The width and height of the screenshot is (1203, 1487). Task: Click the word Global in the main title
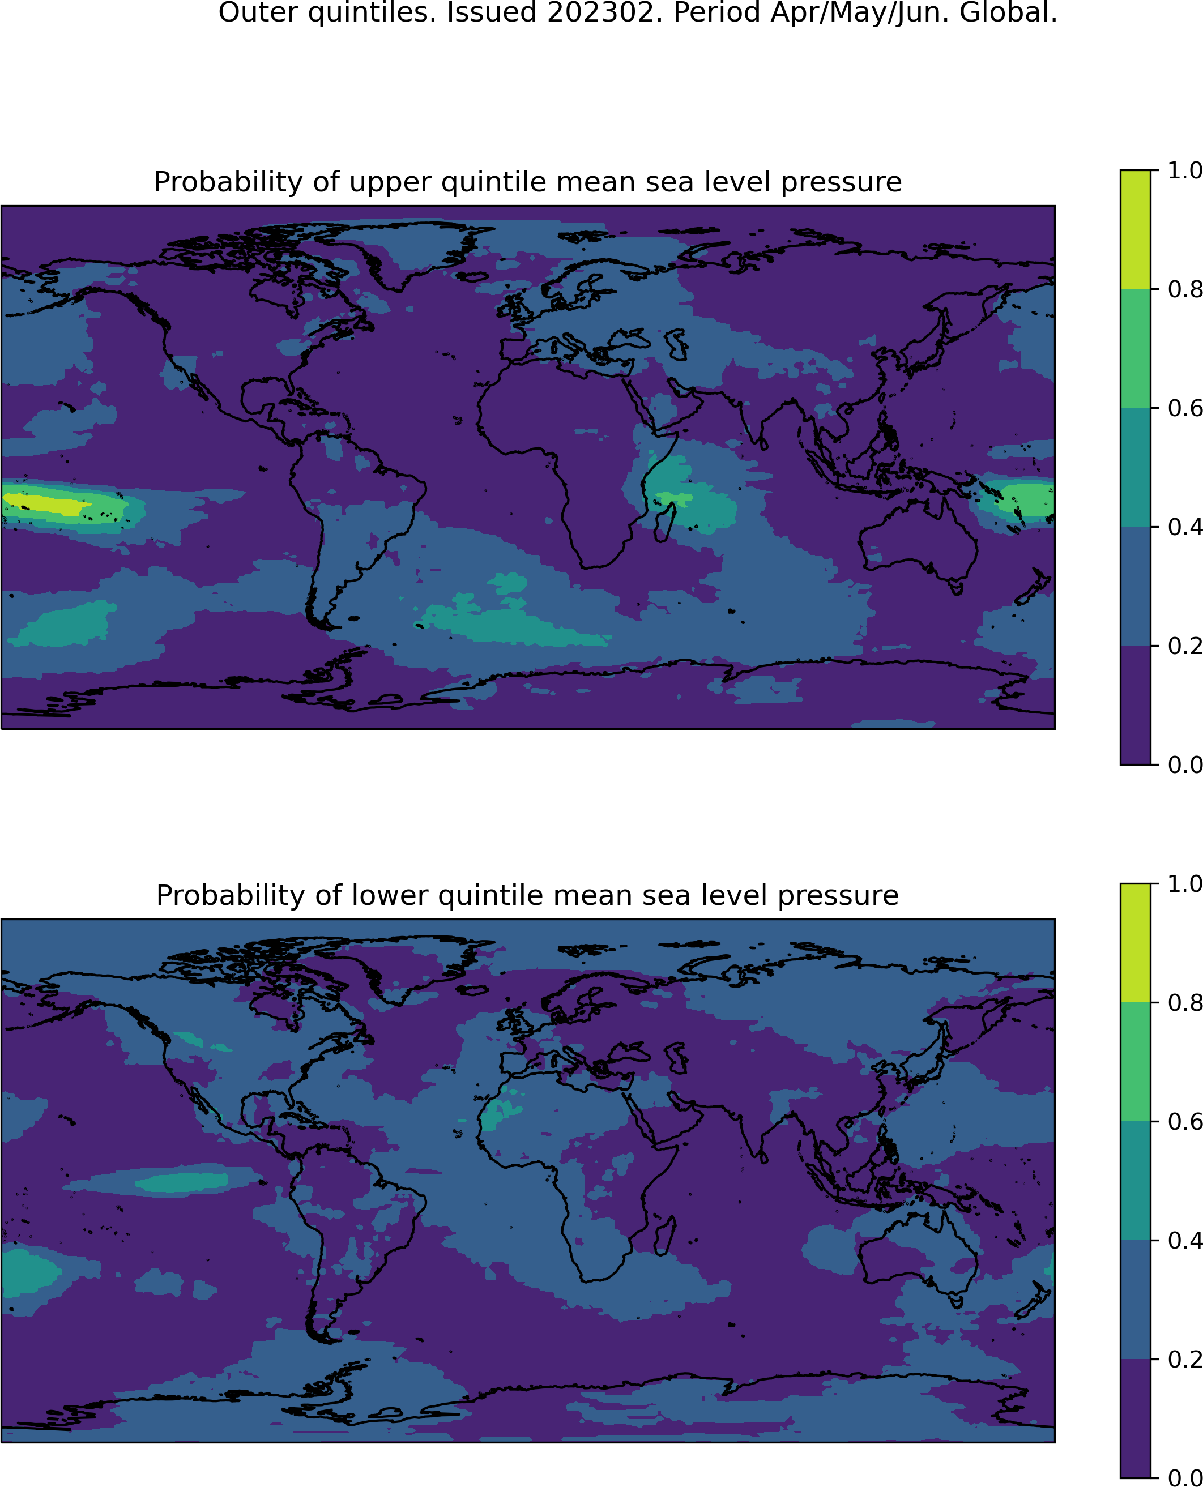pyautogui.click(x=1008, y=12)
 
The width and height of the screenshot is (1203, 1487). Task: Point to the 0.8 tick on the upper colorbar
pyautogui.click(x=1154, y=289)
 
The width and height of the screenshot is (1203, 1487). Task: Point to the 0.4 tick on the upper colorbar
pyautogui.click(x=1154, y=527)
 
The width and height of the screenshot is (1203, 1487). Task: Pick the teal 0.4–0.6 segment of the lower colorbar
pyautogui.click(x=1135, y=1181)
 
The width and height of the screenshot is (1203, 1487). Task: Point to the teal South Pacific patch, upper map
pyautogui.click(x=62, y=623)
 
